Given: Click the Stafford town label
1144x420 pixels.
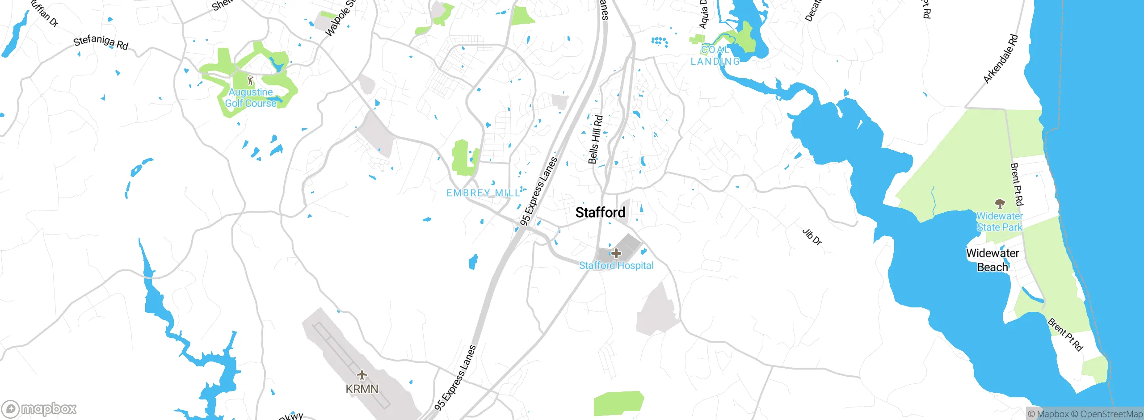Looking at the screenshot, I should (600, 213).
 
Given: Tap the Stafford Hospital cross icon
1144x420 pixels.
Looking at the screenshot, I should (616, 253).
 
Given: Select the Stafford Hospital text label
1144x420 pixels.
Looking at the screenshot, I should (616, 265).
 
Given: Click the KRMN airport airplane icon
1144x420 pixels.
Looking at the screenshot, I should (362, 375).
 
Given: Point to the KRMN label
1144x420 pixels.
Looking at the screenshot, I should (362, 389).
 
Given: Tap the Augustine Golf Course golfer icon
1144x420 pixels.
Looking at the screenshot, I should (250, 80).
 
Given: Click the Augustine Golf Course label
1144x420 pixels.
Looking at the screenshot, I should (251, 98).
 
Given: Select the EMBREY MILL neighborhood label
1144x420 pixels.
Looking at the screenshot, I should (484, 193).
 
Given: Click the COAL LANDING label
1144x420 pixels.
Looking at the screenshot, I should (715, 56).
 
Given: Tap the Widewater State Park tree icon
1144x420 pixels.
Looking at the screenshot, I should (1000, 204).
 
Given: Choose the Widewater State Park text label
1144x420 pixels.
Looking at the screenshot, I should (999, 222).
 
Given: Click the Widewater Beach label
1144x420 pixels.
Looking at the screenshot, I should (993, 260).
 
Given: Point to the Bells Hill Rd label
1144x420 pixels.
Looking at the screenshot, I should (595, 140).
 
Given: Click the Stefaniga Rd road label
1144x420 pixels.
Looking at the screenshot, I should (101, 42).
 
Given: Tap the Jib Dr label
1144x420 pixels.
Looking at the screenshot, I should (812, 237).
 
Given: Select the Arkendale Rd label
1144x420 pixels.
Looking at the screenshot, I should (1001, 59).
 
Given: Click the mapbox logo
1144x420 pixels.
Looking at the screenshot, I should (39, 409).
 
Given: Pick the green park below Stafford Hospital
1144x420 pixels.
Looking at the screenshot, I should (618, 403).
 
